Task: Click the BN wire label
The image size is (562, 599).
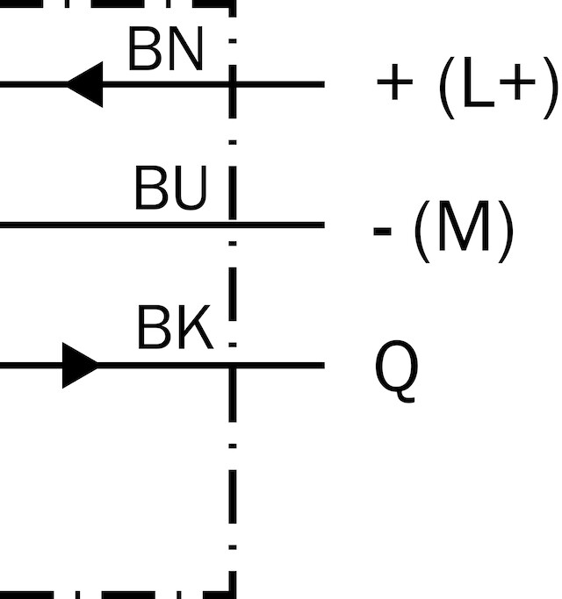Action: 165,49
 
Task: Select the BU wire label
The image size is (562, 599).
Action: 170,188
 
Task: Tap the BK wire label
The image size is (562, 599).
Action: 175,327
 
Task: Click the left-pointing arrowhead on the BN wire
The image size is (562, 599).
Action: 85,84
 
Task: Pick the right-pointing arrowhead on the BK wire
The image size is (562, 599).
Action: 80,365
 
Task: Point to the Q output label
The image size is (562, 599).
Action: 396,371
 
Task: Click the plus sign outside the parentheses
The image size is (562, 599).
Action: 395,82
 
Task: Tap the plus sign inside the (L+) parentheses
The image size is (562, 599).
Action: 517,82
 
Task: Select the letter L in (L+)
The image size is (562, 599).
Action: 478,83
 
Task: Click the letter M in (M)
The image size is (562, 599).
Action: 464,225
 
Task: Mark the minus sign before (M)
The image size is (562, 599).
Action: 382,232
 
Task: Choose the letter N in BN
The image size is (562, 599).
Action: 185,49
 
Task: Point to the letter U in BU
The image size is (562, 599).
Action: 189,188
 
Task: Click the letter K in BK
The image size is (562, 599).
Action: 195,327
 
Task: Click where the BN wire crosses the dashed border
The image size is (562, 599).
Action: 232,84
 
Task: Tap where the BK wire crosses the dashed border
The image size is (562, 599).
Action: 232,365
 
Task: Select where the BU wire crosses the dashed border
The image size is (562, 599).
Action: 232,225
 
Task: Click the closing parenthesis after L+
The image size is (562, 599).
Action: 550,88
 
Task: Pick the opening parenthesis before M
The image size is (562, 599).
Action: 422,232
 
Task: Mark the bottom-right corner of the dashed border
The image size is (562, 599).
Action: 232,595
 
